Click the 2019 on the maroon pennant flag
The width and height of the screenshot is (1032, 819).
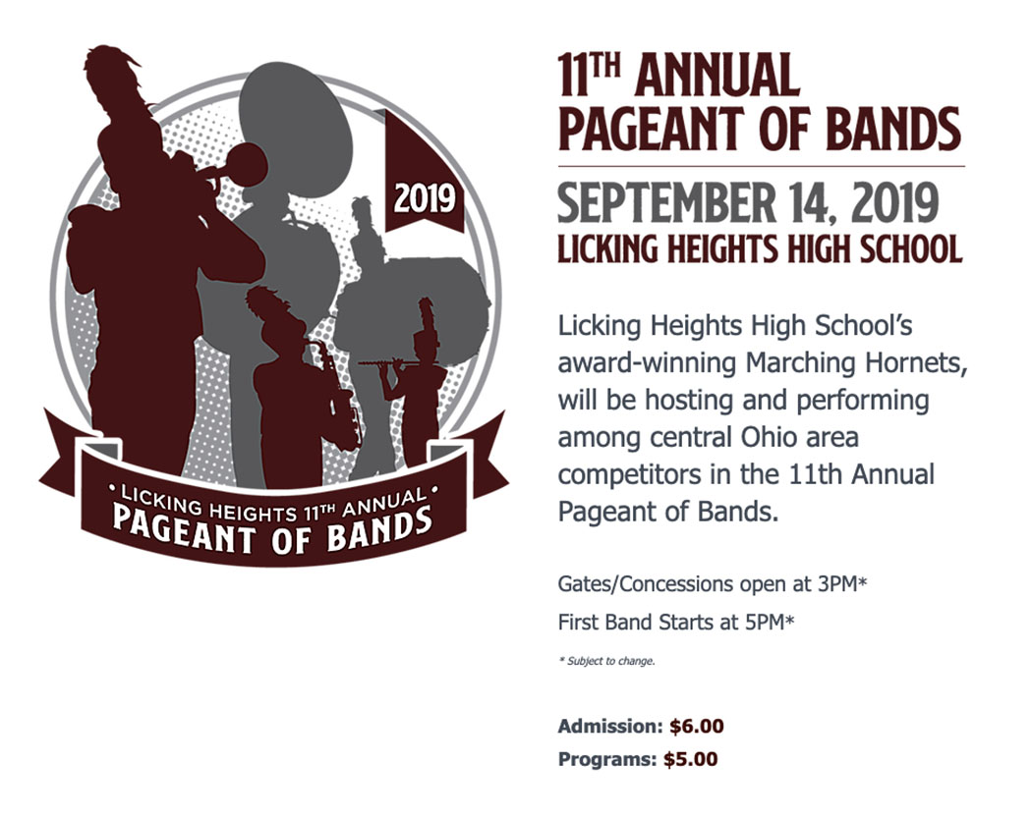pos(425,197)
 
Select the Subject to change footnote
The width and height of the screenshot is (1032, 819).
pos(606,661)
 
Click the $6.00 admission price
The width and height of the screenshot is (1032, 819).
pos(696,727)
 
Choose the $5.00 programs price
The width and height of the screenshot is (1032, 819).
pos(690,759)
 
